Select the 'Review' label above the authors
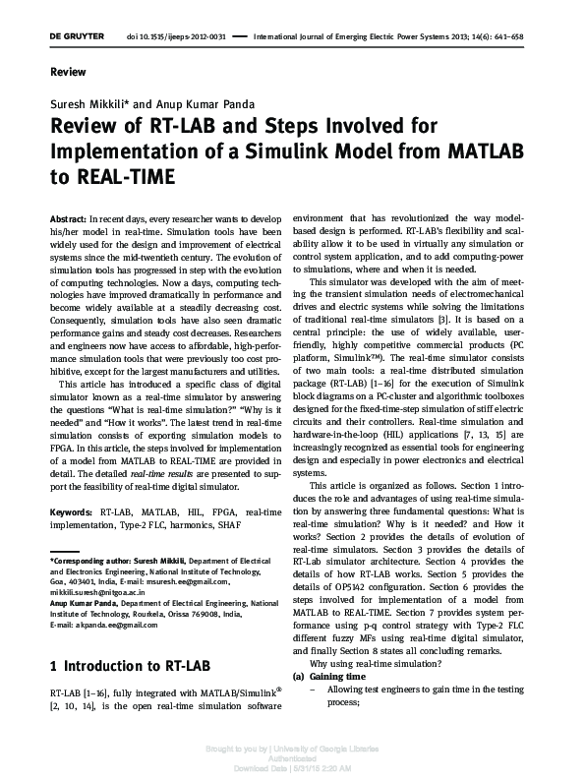pyautogui.click(x=68, y=73)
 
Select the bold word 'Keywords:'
pyautogui.click(x=70, y=512)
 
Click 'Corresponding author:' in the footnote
pyautogui.click(x=92, y=558)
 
